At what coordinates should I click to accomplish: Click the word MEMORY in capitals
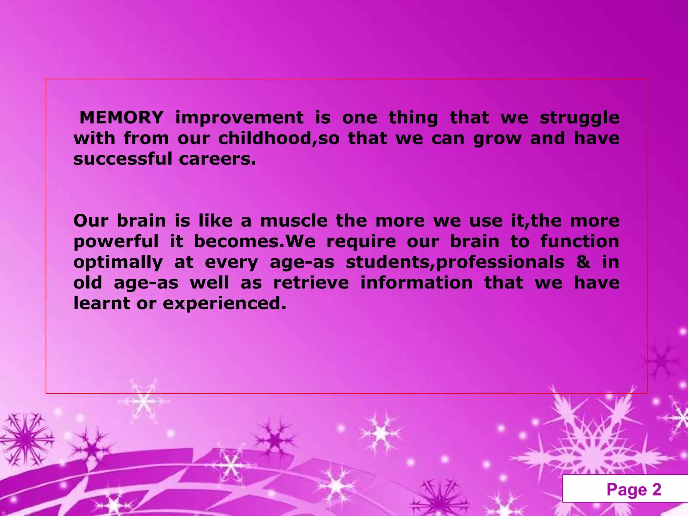121,118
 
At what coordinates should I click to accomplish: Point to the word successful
123,159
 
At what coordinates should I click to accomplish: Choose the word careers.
217,159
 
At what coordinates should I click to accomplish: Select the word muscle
294,221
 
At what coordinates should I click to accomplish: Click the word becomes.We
255,242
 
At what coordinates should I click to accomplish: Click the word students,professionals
455,263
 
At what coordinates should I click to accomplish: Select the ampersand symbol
583,262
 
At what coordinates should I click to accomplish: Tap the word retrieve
311,283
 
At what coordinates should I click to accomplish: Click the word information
417,283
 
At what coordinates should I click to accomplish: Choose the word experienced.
224,304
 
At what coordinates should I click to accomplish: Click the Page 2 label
634,489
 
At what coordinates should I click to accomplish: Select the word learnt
102,303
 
